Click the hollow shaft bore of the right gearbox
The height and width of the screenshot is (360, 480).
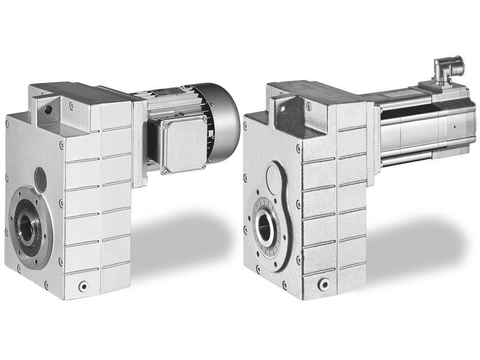(266, 227)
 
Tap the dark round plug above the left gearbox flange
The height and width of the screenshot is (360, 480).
(40, 176)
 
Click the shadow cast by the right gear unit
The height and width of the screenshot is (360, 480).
(414, 240)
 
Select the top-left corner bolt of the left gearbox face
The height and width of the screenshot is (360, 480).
(7, 124)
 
